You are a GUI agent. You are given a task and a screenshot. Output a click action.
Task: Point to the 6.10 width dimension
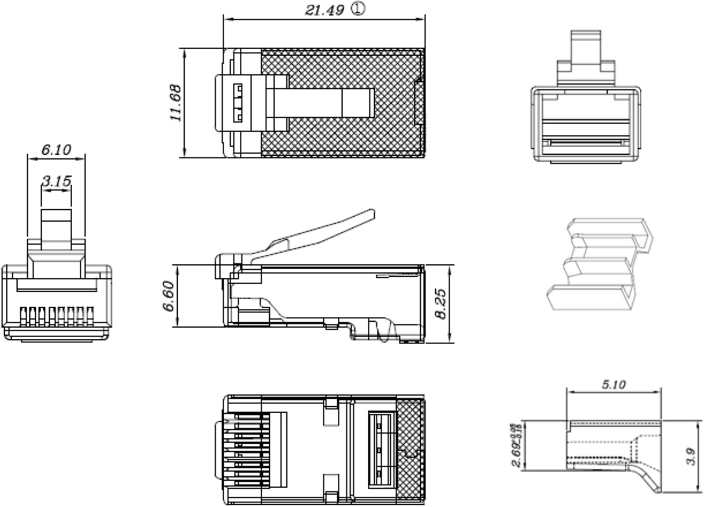click(x=56, y=149)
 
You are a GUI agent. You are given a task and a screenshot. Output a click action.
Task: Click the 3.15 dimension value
click(x=56, y=181)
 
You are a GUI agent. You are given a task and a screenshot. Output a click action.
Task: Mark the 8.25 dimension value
click(x=442, y=302)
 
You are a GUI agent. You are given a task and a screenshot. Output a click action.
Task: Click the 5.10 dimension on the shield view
click(x=614, y=384)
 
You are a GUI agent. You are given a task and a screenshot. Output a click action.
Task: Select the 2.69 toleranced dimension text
click(x=517, y=445)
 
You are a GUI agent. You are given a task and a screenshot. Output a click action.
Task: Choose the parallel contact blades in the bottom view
click(x=243, y=448)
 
